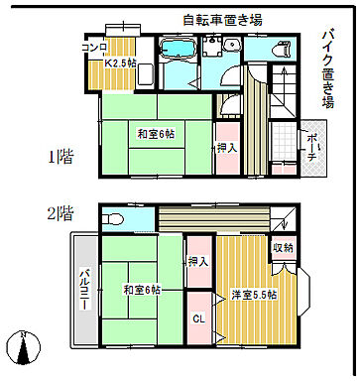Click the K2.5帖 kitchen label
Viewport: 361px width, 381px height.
tap(123, 63)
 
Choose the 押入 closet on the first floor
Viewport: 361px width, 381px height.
tap(225, 148)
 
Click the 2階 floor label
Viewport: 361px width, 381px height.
tap(60, 212)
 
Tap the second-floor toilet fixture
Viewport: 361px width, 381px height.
tap(112, 219)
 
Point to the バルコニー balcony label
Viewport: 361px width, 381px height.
tap(85, 288)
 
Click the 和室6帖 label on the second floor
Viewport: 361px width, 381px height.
tap(143, 289)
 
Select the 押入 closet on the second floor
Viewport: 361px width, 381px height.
tap(198, 261)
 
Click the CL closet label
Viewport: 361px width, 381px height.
tap(198, 318)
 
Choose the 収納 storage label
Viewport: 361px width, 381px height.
tap(283, 248)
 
